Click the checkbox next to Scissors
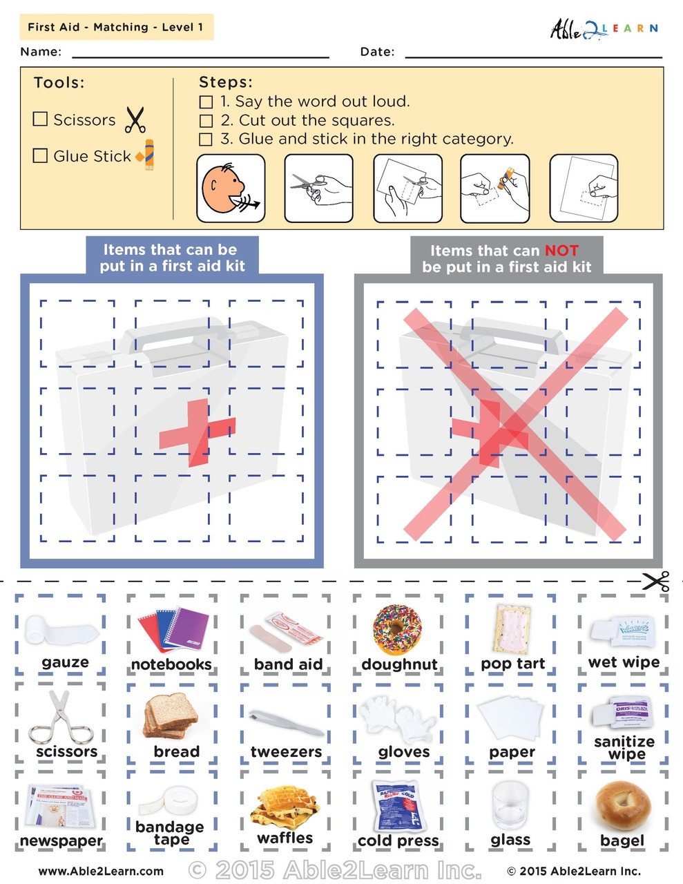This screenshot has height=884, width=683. pos(40,119)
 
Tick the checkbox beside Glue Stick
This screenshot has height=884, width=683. pos(40,155)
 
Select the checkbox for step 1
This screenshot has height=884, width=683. pos(206,102)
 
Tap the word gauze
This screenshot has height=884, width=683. pos(65,663)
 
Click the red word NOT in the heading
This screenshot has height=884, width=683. pos(561,250)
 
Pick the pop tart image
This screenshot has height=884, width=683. pos(512,628)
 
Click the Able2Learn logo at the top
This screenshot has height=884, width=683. pos(603,28)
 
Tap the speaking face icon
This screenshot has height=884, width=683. pos(230,189)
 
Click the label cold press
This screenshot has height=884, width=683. pos(398,840)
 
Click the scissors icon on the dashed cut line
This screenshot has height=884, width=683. pos(655,581)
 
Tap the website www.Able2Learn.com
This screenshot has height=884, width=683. pos(101,871)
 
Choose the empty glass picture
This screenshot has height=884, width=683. pos(510,805)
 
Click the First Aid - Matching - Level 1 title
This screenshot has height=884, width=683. pos(115,28)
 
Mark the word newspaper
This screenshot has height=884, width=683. pos(61,841)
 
